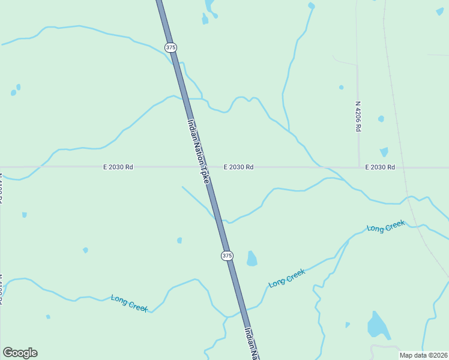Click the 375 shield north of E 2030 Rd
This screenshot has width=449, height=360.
[171, 47]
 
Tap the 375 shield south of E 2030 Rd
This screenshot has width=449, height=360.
[226, 256]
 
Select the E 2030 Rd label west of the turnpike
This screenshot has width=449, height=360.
[118, 167]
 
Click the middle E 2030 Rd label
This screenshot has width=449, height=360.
[238, 167]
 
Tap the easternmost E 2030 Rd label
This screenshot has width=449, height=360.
[380, 167]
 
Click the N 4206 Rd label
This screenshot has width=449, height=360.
[358, 116]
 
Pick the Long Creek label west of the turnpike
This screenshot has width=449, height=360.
[130, 303]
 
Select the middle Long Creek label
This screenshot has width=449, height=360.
[287, 278]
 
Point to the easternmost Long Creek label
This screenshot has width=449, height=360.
[386, 227]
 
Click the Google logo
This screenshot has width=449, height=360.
[20, 353]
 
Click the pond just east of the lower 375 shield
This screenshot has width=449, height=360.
[252, 259]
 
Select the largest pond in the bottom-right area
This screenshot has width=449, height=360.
[378, 326]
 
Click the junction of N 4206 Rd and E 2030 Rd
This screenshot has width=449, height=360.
[359, 167]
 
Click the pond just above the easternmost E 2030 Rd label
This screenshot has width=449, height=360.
[384, 152]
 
